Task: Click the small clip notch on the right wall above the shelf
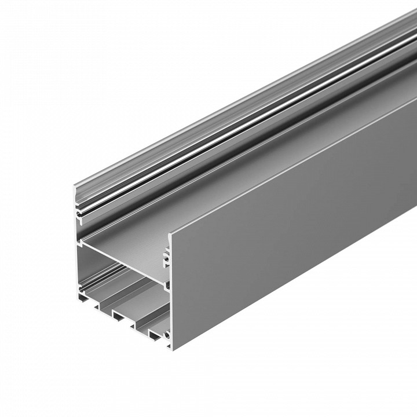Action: (x=166, y=254)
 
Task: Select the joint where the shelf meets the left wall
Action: (x=81, y=239)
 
